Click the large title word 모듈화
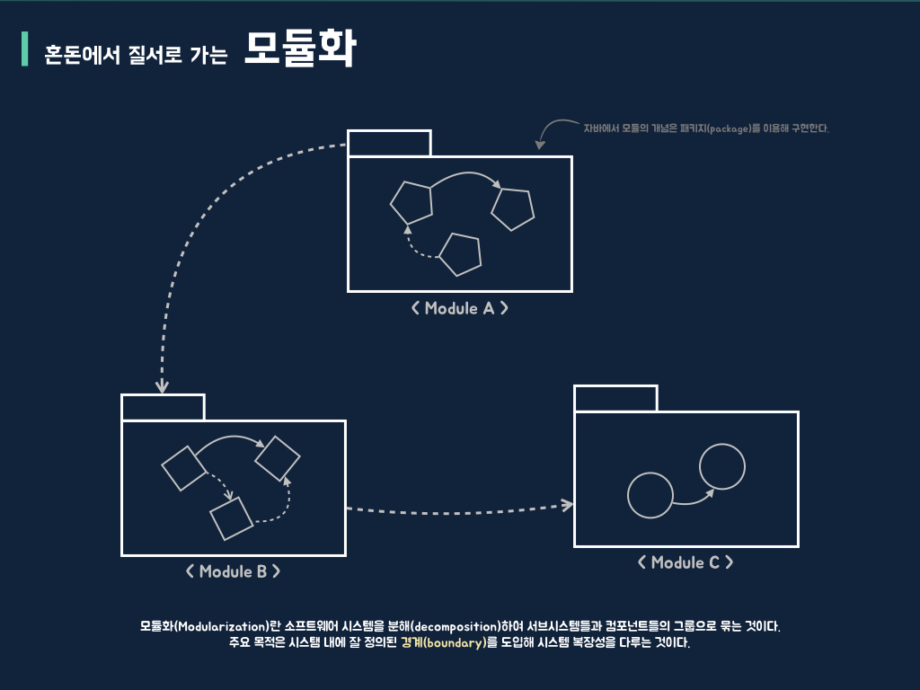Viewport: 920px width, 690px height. [x=300, y=50]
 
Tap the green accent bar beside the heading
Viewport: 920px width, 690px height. [x=25, y=49]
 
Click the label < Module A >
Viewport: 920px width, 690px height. [x=459, y=308]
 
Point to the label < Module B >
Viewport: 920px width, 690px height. [x=233, y=571]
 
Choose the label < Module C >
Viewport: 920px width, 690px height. [x=685, y=562]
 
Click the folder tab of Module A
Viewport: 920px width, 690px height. [x=389, y=144]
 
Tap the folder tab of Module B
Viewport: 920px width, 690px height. [x=163, y=407]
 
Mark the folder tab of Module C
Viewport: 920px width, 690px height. [x=615, y=398]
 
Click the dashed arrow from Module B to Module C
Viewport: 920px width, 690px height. [x=458, y=510]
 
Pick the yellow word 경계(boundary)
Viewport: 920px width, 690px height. [x=443, y=642]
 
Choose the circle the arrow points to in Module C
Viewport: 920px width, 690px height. [x=722, y=467]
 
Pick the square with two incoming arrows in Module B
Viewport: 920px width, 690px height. [x=277, y=459]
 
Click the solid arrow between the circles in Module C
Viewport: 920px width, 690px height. [x=693, y=500]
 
